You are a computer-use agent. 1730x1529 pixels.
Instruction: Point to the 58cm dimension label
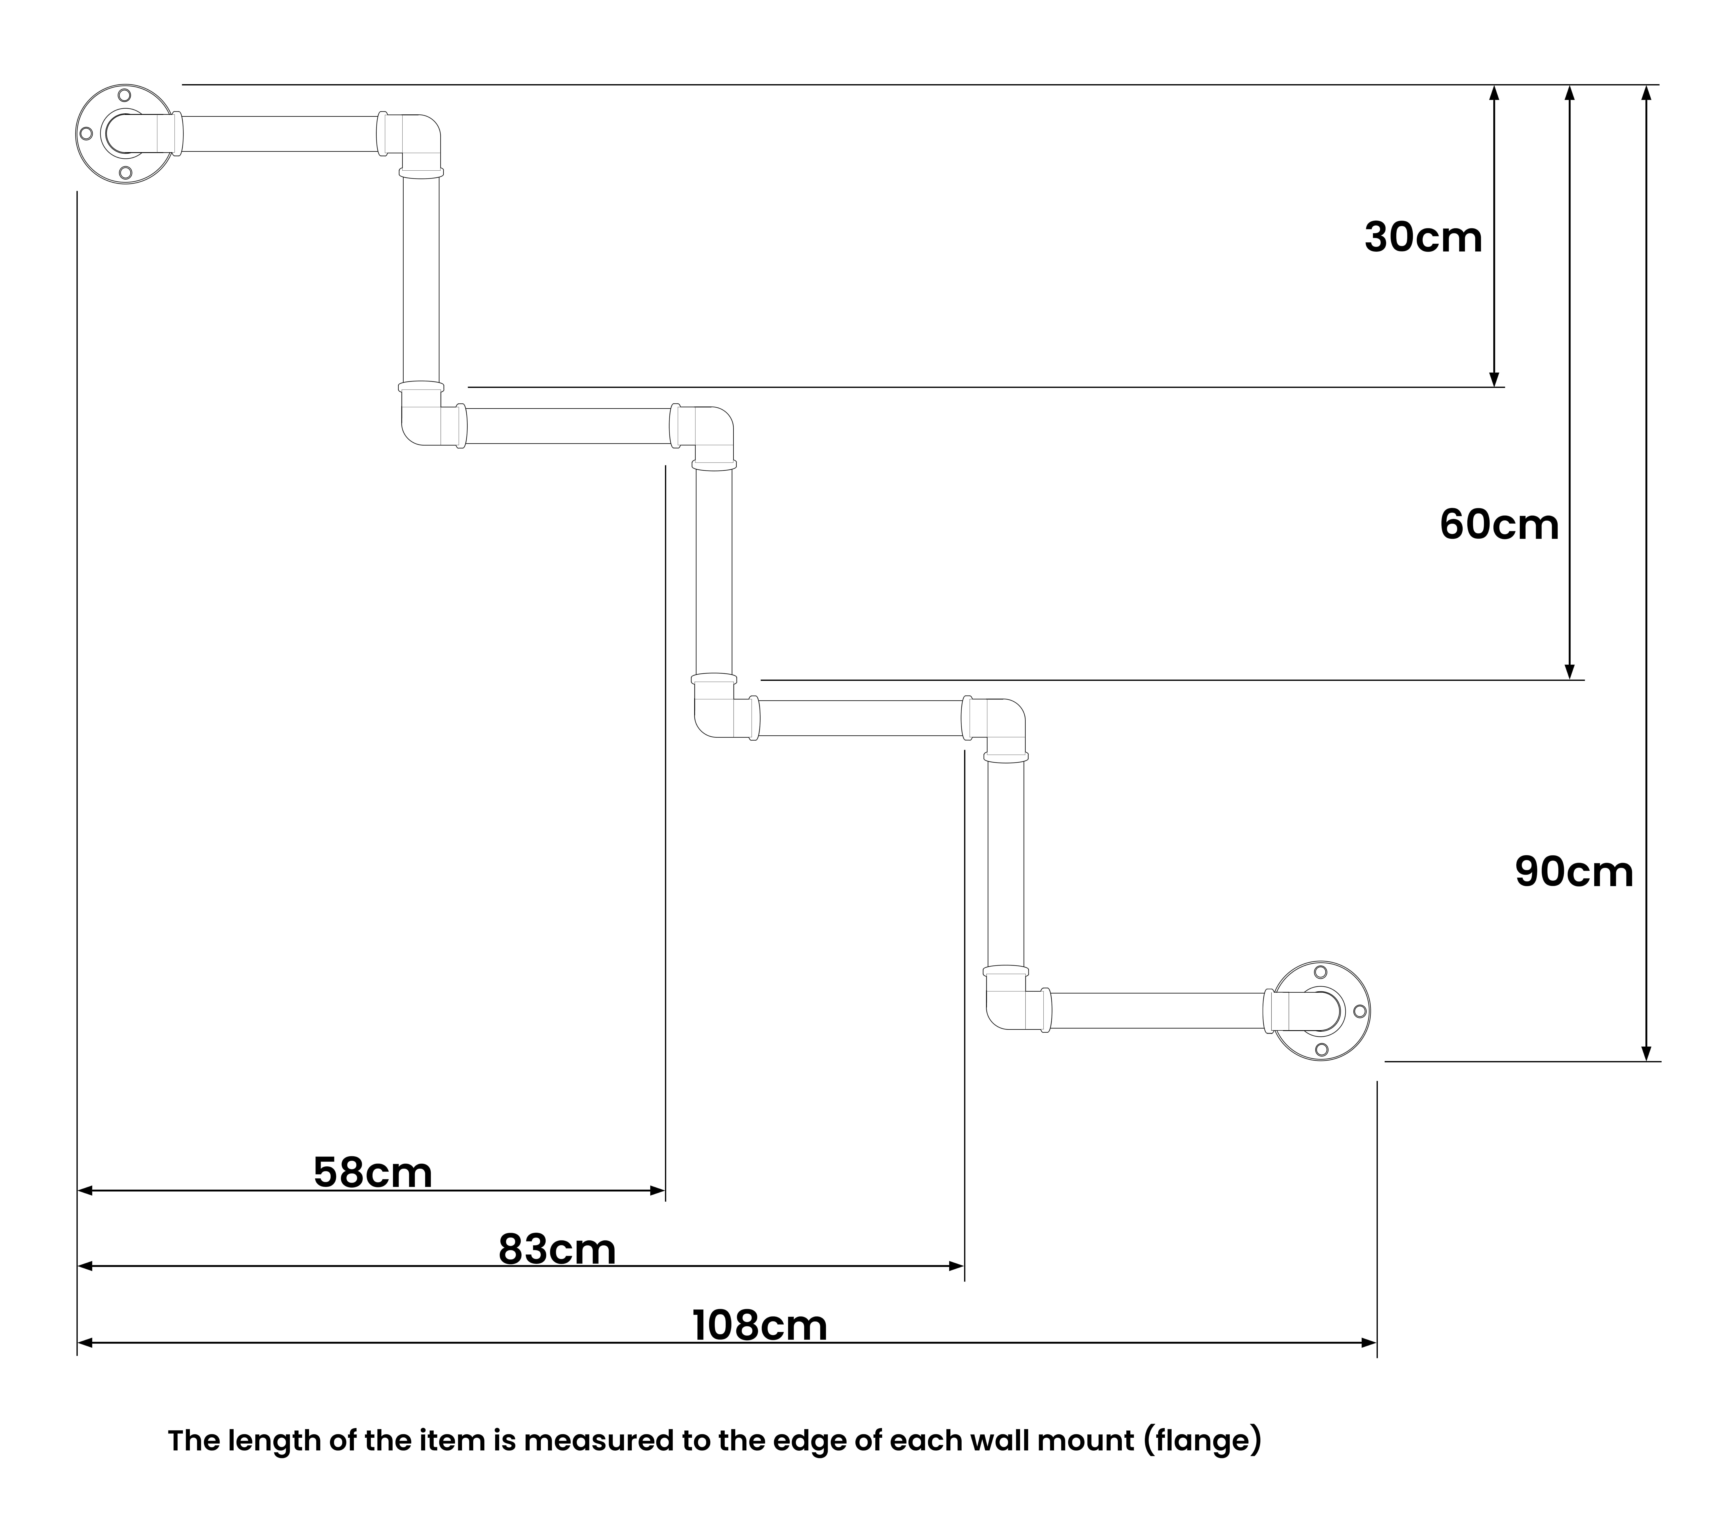(372, 1173)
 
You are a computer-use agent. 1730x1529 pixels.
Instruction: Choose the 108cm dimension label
(760, 1325)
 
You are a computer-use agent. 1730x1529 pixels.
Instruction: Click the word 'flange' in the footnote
(1202, 1440)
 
